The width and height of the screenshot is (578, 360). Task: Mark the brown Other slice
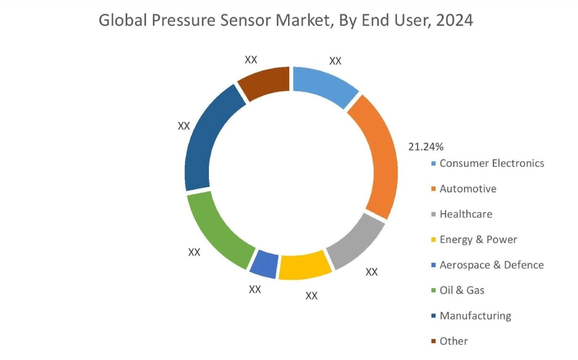coord(264,83)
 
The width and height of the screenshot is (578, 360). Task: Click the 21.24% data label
coord(426,146)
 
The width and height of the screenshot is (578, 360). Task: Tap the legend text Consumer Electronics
coord(492,163)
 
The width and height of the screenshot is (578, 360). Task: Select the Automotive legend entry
coord(468,189)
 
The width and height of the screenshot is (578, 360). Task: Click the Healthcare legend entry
coord(466,214)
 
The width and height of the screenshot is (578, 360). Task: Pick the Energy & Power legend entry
coord(478,239)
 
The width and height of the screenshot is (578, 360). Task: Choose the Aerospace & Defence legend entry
coord(491,265)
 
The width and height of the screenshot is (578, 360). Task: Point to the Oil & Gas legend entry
coord(462,290)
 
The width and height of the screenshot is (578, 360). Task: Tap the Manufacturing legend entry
coord(475,316)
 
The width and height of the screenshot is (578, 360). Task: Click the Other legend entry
coord(453,341)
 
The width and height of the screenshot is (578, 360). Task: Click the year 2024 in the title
coord(455,20)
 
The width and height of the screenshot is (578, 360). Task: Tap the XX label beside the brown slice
coord(251,59)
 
